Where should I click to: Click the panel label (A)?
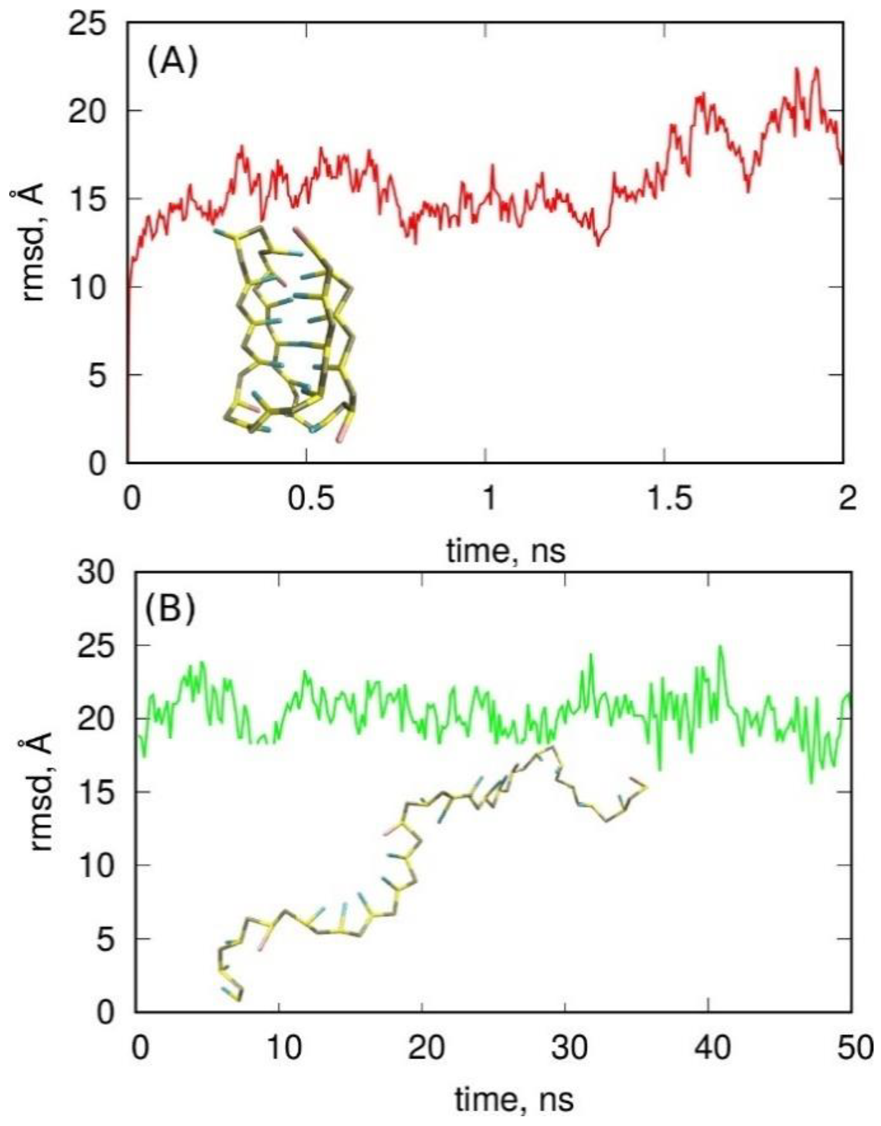[172, 63]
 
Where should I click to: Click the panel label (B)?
[170, 612]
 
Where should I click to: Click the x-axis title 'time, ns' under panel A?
[506, 551]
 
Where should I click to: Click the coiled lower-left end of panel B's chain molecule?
[230, 970]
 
